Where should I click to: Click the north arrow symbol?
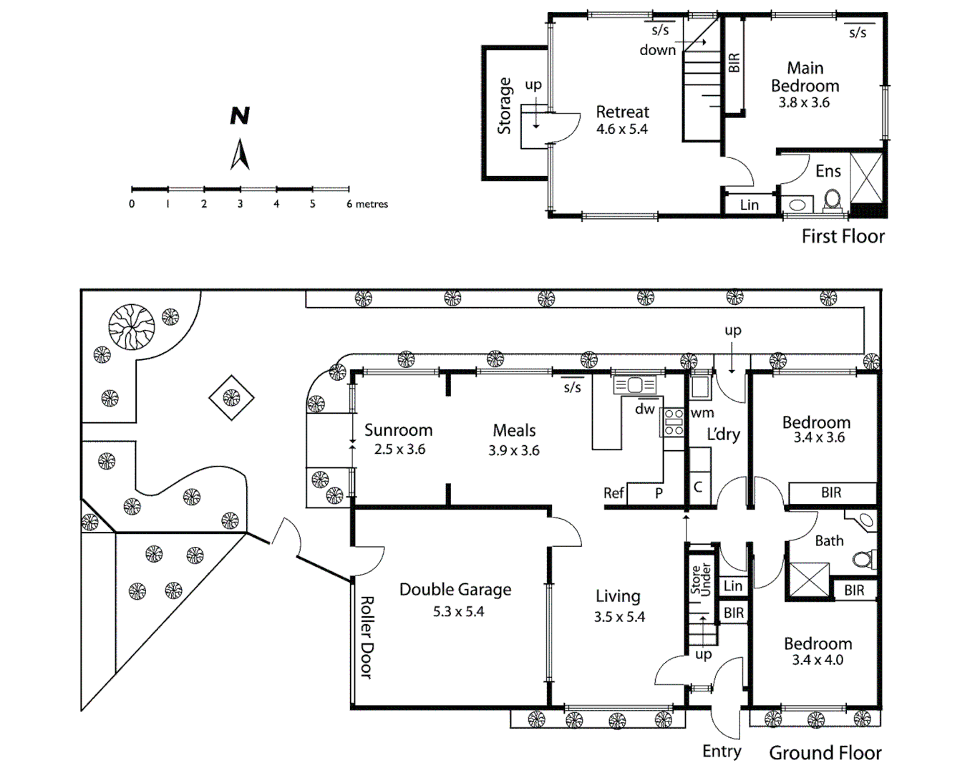[x=240, y=155]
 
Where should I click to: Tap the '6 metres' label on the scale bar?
[x=367, y=204]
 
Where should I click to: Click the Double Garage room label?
[x=455, y=590]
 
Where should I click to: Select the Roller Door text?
[x=366, y=637]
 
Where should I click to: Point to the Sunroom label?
[x=398, y=430]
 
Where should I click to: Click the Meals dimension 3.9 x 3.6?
[x=514, y=451]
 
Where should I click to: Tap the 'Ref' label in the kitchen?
[x=613, y=493]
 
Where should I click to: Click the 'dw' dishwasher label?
[x=645, y=409]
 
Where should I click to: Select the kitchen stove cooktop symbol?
[x=674, y=422]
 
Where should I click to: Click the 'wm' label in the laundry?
[x=702, y=413]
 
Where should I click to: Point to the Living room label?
[x=618, y=596]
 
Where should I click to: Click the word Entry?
[x=721, y=751]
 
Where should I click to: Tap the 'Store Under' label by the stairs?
[x=700, y=579]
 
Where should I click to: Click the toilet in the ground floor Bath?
[x=867, y=558]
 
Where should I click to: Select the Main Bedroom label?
[x=805, y=77]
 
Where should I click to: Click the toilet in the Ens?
[x=832, y=200]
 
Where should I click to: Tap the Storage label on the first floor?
[x=505, y=106]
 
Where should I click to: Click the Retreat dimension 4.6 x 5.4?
[x=621, y=130]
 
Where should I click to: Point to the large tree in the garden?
[x=131, y=327]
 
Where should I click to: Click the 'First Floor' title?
[x=843, y=236]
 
